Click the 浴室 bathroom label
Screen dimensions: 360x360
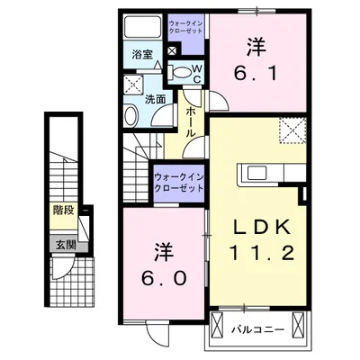coord(142,55)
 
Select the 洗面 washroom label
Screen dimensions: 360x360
coord(155,99)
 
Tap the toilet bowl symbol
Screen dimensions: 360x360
coord(182,71)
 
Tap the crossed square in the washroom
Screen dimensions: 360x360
coord(133,86)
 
